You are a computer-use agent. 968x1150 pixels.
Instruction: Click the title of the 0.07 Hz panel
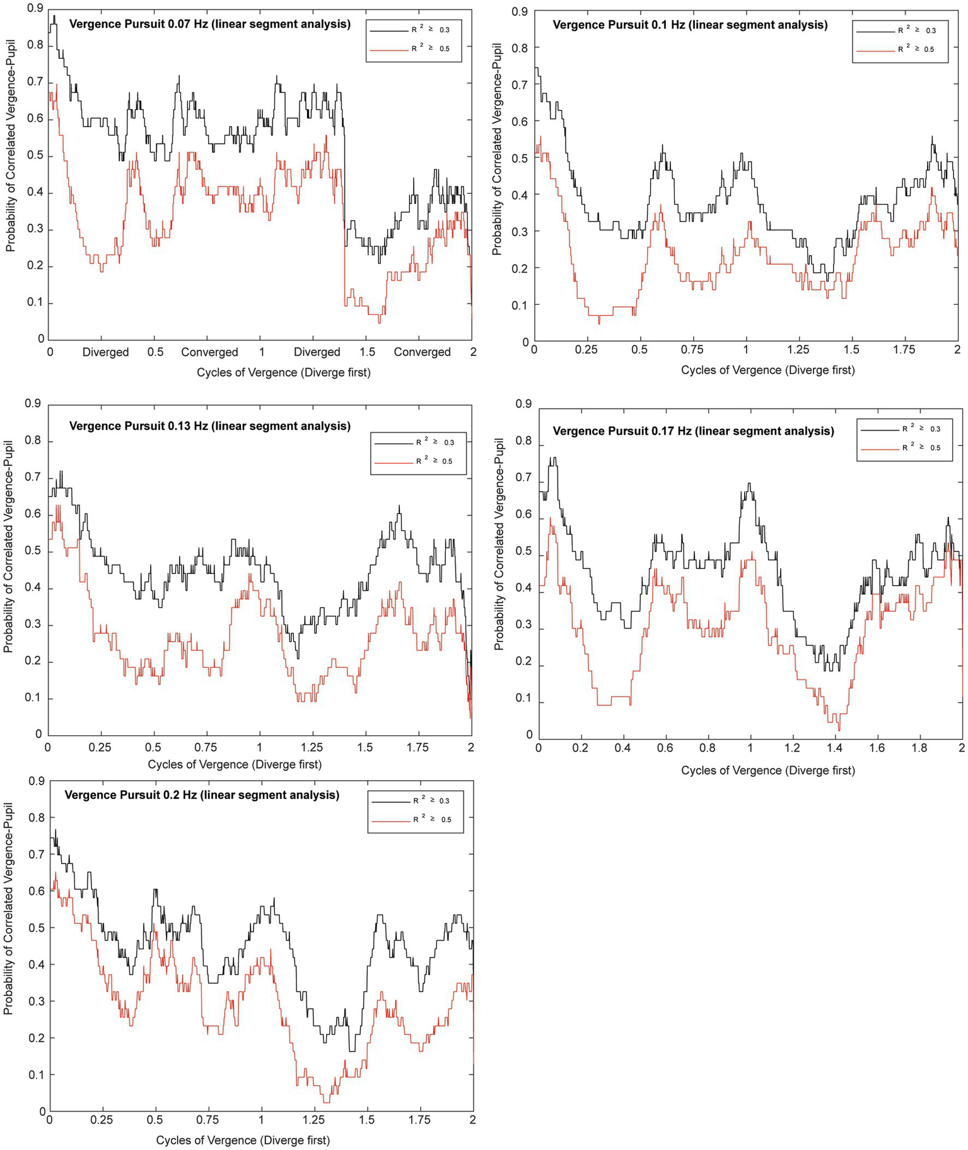[209, 25]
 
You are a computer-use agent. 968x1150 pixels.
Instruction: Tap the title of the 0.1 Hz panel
[690, 25]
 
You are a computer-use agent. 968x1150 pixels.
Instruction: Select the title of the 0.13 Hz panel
[209, 426]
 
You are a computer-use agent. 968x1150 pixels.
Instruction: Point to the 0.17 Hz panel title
[693, 431]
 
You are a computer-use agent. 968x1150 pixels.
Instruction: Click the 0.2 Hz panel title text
[202, 795]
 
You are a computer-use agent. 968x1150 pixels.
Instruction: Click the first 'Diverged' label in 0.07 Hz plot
[105, 352]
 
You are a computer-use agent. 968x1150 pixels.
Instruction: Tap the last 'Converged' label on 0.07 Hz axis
[422, 352]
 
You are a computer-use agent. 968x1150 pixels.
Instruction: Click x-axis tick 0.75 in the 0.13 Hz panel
[206, 747]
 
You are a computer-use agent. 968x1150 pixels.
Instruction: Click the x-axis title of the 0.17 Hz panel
[767, 771]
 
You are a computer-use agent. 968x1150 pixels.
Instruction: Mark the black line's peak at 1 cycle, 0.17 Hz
[749, 484]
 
